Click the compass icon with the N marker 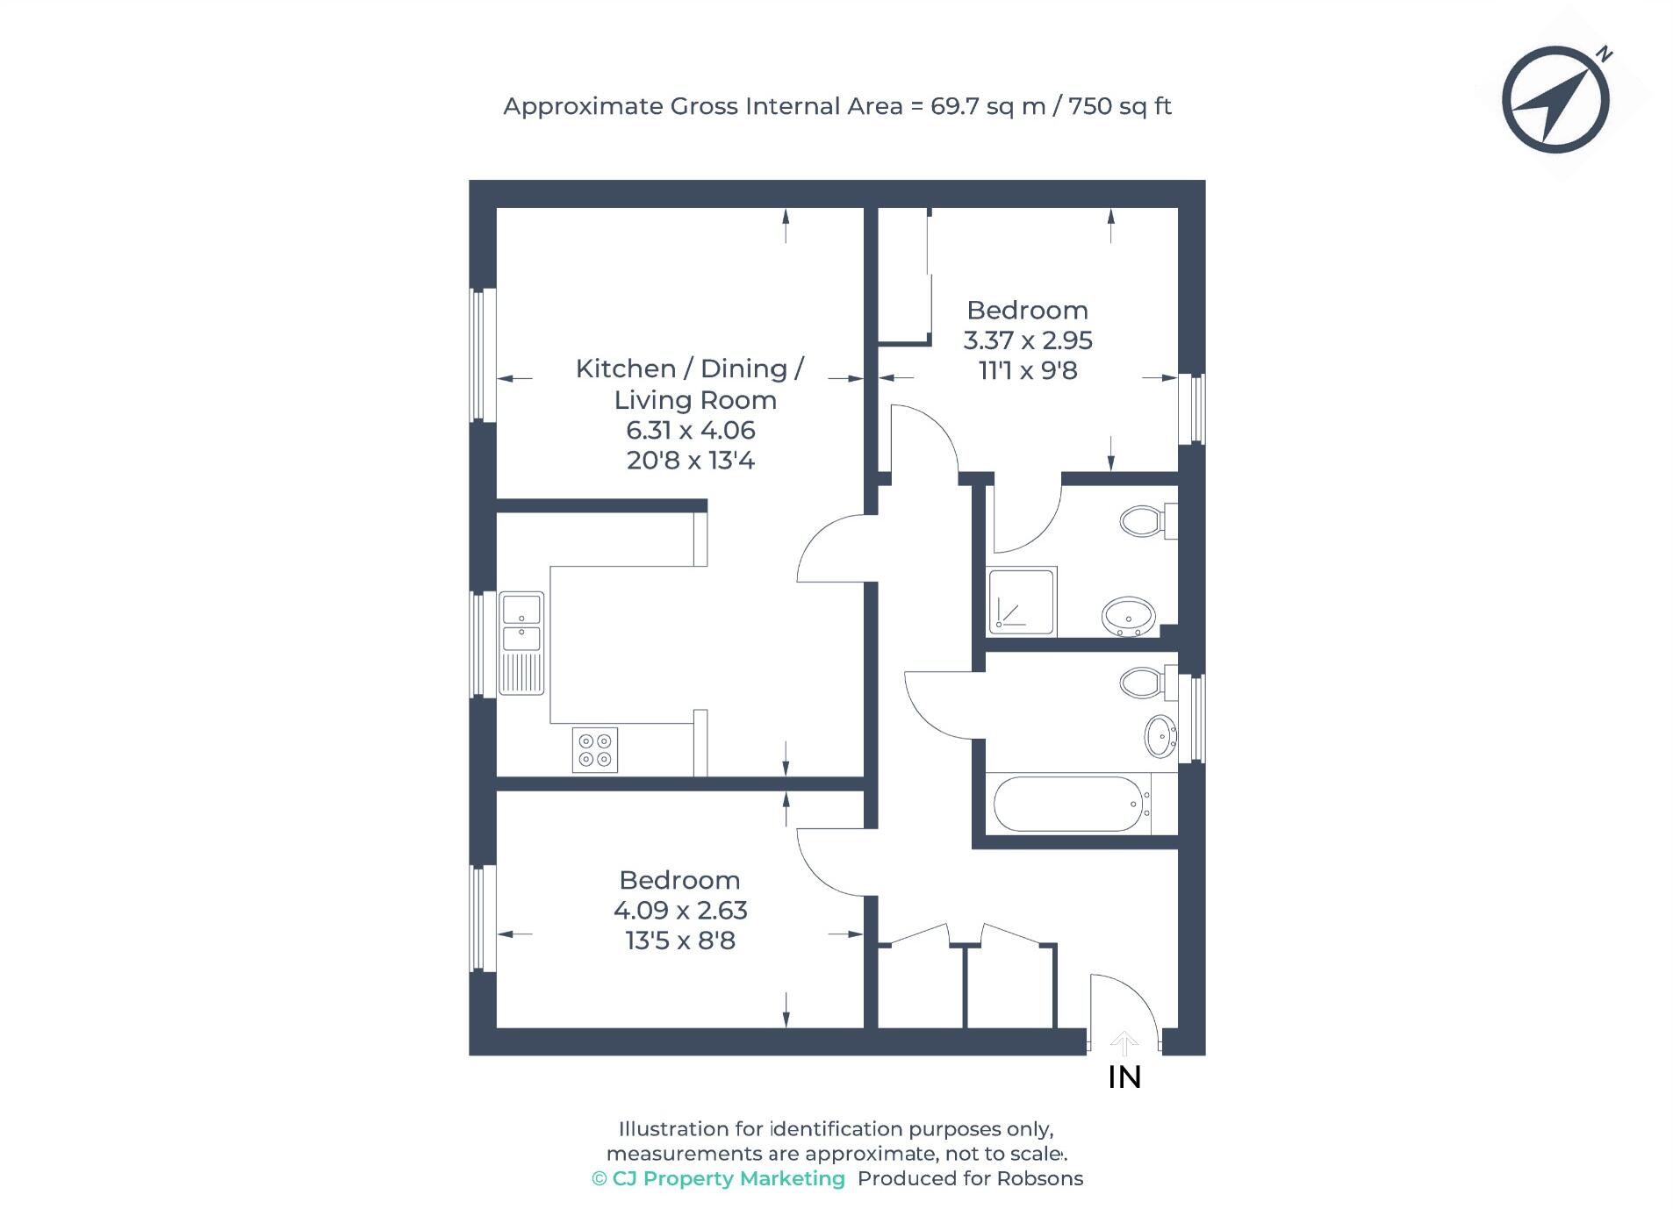click(1555, 99)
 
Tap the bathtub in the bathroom click(1068, 804)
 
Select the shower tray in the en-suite click(1022, 601)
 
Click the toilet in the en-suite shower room click(1144, 521)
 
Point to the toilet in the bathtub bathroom click(1144, 682)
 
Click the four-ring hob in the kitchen click(594, 750)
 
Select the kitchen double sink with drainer click(521, 642)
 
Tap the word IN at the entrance click(1124, 1077)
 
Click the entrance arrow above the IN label click(1124, 1043)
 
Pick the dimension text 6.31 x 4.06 click(690, 430)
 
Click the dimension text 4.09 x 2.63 click(680, 910)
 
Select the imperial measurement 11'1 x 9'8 click(1027, 370)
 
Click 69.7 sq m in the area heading click(987, 106)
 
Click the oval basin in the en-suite click(1128, 616)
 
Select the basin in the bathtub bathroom click(1160, 735)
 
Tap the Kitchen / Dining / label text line click(689, 368)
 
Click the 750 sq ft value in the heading click(1119, 106)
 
